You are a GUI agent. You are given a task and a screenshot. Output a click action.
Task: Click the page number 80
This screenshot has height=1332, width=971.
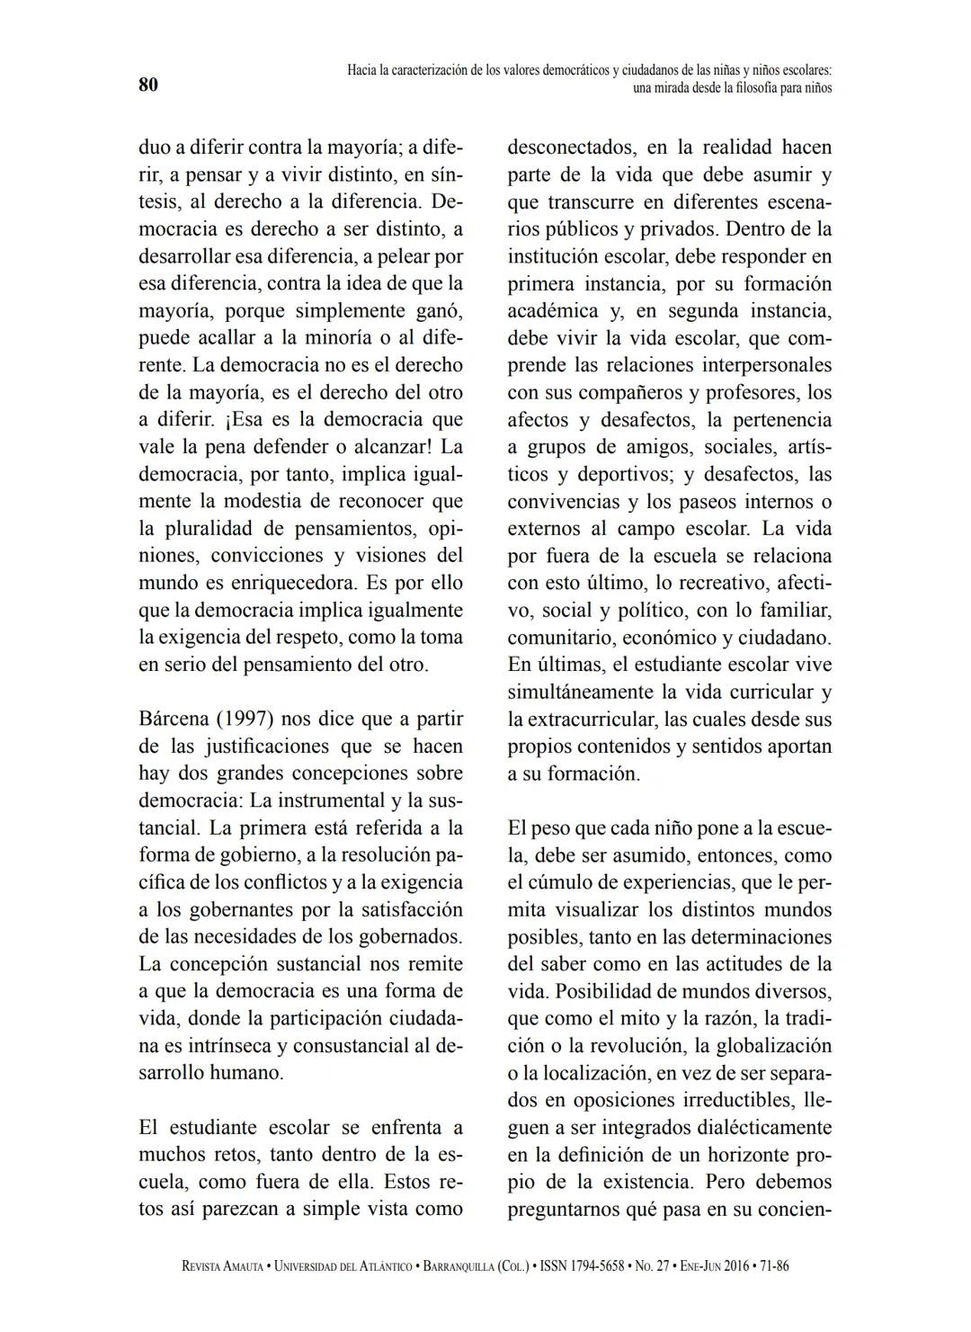148,85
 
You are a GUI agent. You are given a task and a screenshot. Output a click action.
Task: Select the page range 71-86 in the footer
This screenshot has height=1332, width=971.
774,1265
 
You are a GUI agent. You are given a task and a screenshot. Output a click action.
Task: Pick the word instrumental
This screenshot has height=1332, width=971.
330,800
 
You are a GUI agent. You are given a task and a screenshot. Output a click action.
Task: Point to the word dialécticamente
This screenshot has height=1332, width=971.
756,1128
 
